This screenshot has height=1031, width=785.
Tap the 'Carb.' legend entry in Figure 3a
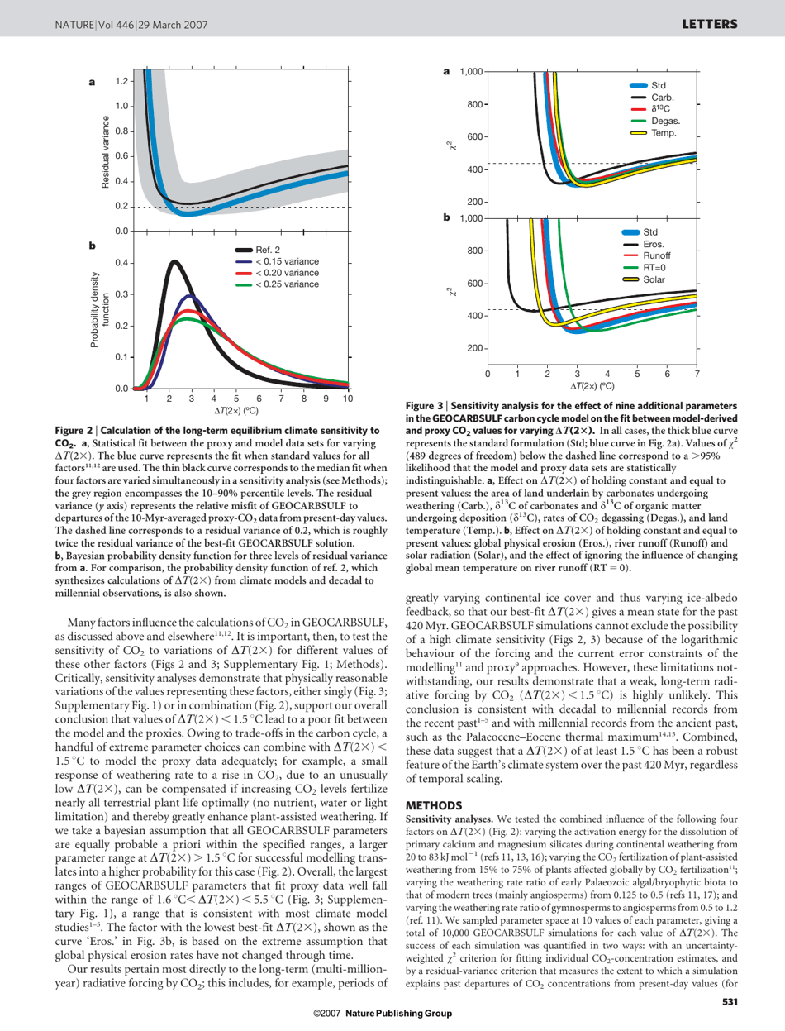pyautogui.click(x=644, y=96)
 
